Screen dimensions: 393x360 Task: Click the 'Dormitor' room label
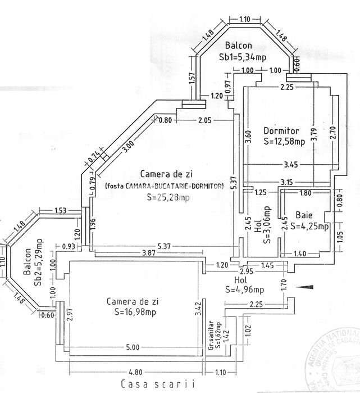point(281,131)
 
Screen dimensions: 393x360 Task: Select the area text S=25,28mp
point(167,197)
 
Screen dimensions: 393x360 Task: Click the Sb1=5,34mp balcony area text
point(243,57)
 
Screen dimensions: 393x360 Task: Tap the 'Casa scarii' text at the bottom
point(158,384)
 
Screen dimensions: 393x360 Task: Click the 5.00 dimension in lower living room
point(133,347)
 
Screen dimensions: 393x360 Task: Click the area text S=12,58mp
point(284,141)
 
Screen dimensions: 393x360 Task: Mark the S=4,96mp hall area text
point(244,290)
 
